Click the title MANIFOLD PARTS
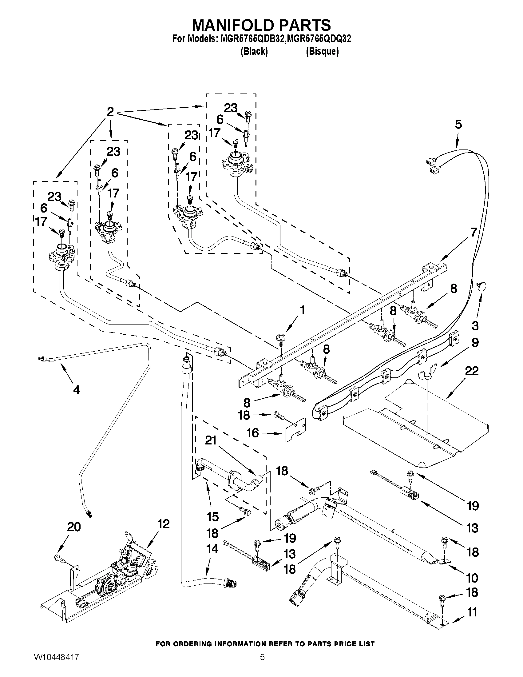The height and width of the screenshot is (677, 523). click(261, 25)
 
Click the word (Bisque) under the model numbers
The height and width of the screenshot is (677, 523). click(322, 51)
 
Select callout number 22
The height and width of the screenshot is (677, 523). click(472, 371)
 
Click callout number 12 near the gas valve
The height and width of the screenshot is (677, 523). click(163, 524)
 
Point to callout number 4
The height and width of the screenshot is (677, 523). click(76, 390)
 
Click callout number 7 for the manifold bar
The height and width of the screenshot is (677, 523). click(473, 232)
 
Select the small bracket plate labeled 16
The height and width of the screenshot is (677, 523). click(295, 429)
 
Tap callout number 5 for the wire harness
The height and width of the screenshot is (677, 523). click(458, 124)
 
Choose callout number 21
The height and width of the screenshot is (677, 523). click(211, 440)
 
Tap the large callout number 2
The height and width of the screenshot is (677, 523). click(110, 112)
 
